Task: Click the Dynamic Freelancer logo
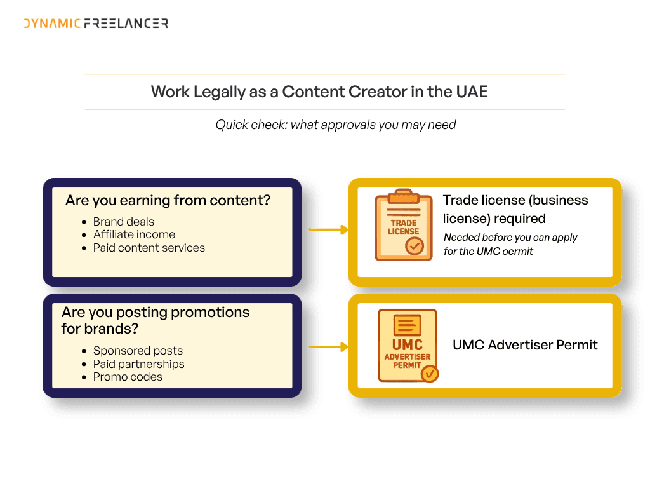[x=96, y=24]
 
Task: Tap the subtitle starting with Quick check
[x=335, y=125]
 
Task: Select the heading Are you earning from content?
[x=168, y=200]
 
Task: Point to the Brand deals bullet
[x=124, y=222]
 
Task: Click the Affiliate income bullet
[x=134, y=234]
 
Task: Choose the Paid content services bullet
[x=149, y=248]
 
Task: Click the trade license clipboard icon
[x=403, y=225]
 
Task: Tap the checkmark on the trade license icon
[x=415, y=246]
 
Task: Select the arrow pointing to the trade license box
[x=329, y=229]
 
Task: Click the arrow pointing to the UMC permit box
[x=329, y=346]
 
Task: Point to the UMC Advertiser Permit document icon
[x=408, y=345]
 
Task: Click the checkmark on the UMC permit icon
[x=430, y=374]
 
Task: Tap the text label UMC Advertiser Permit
[x=525, y=345]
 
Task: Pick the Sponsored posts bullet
[x=138, y=351]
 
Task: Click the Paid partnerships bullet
[x=138, y=364]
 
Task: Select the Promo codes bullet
[x=128, y=377]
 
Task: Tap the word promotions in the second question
[x=210, y=313]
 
